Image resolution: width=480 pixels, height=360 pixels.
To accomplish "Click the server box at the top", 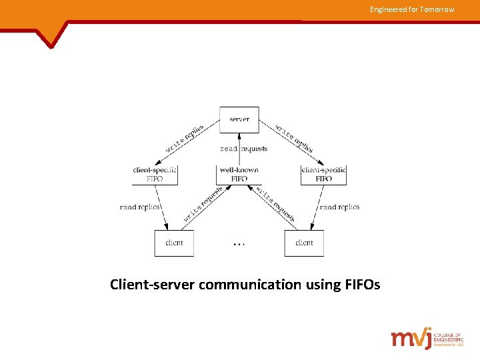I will (x=239, y=119).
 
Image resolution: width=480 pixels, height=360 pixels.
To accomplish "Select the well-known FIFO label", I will (x=239, y=174).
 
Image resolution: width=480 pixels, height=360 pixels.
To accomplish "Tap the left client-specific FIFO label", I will (x=155, y=174).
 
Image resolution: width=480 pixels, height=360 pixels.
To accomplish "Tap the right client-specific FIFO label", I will (x=323, y=174).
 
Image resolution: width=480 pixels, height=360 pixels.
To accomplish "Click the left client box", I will (x=174, y=243).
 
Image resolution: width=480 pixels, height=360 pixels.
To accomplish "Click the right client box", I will (x=304, y=243).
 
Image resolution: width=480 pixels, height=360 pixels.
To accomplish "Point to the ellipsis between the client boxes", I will (x=239, y=244).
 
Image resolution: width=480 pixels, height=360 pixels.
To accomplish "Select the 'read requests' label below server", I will (x=243, y=149).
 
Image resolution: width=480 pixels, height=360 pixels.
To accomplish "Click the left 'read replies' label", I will (x=140, y=207).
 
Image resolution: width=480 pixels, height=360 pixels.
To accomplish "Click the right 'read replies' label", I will (x=339, y=207).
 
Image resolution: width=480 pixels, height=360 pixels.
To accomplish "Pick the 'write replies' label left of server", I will (x=185, y=138).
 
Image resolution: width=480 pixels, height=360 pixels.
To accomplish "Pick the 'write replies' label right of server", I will (x=293, y=138).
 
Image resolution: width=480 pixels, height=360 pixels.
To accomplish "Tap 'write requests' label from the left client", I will (x=203, y=204).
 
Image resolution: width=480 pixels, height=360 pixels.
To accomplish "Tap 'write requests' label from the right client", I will (x=275, y=203).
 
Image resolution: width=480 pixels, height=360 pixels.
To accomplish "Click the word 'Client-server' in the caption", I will (x=151, y=285).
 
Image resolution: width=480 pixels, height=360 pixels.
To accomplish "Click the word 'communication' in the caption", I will (x=249, y=285).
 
